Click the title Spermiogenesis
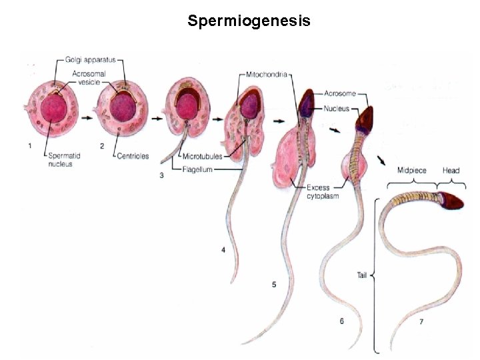[249, 21]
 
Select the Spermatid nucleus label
[62, 160]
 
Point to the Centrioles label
[131, 156]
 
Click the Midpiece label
[411, 171]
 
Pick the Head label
[451, 171]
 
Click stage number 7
[421, 322]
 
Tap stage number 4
[223, 250]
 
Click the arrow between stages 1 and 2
[87, 115]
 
